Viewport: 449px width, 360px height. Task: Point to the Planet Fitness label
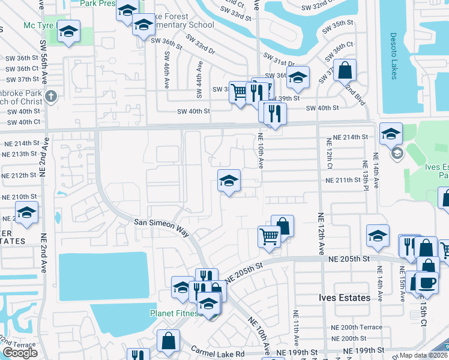coord(174,313)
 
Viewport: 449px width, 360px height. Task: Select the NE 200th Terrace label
coord(356,327)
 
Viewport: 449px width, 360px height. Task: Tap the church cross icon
coord(51,96)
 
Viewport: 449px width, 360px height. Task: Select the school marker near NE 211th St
coord(228,180)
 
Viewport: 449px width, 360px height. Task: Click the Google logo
coord(20,353)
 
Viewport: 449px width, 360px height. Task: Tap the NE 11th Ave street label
coord(295,329)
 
